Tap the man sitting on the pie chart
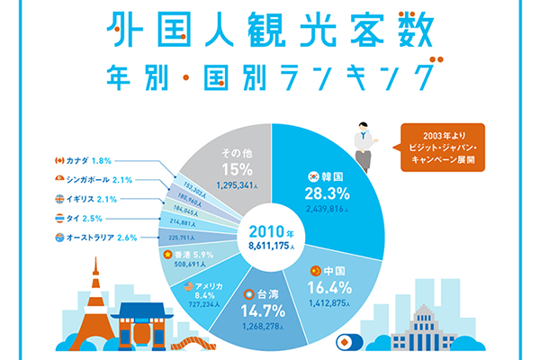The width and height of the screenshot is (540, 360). pos(364,145)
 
